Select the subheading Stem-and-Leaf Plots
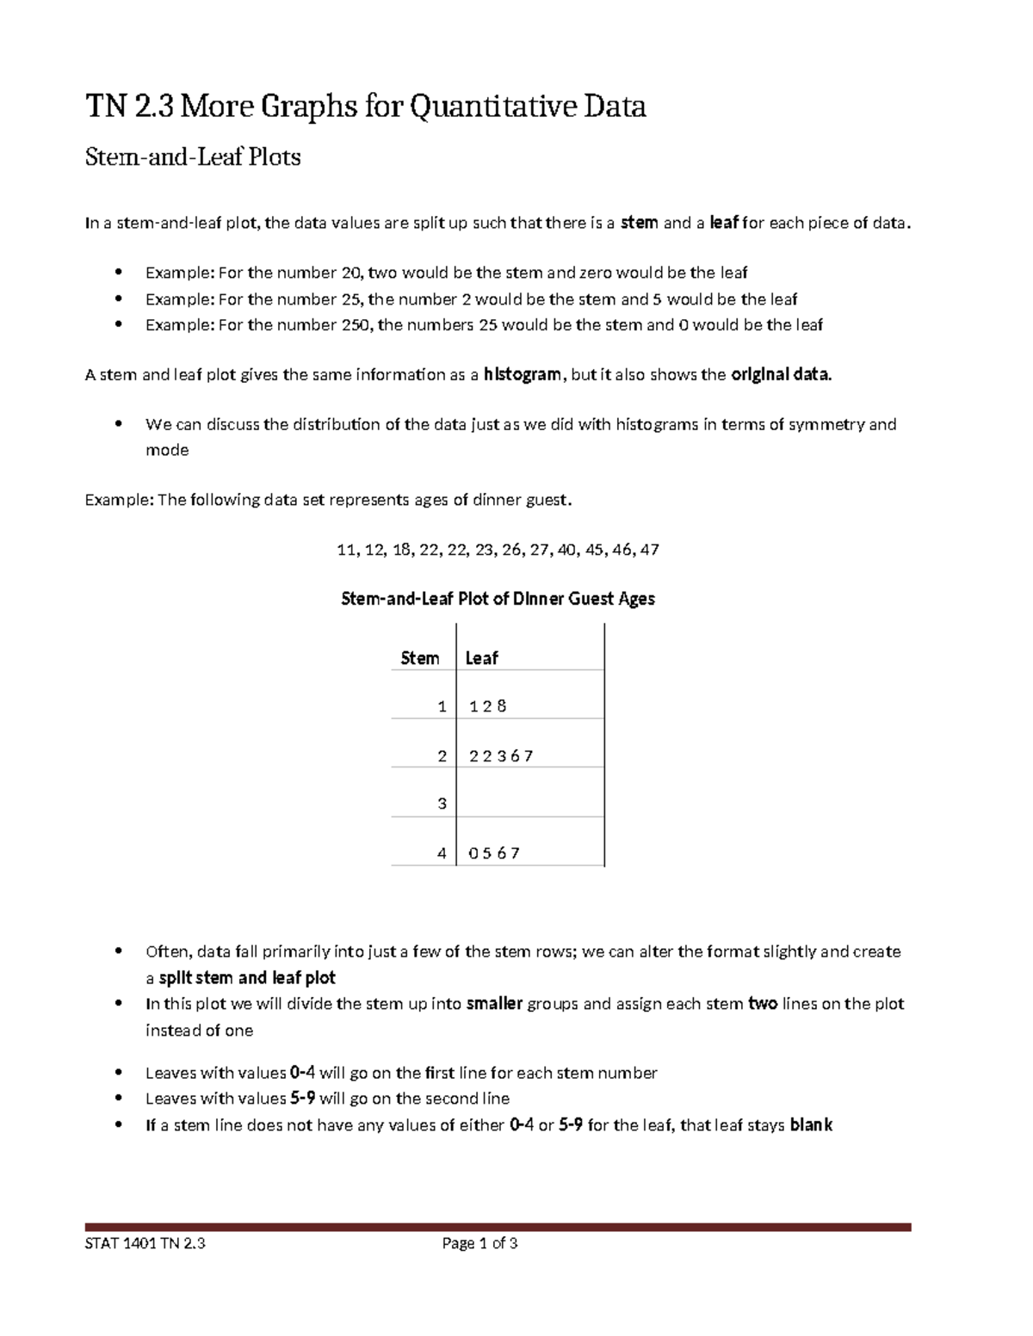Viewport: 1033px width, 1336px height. click(x=192, y=157)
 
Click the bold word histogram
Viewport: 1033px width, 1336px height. click(x=522, y=374)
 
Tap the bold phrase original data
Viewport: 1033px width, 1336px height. click(x=781, y=374)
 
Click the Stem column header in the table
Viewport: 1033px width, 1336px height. click(x=420, y=658)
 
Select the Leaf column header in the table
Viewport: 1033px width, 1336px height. click(x=481, y=658)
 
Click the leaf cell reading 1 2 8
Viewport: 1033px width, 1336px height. click(x=487, y=706)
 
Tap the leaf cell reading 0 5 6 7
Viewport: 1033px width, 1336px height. click(x=493, y=853)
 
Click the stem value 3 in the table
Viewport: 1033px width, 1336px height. click(x=442, y=804)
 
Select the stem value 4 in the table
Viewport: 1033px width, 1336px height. click(x=442, y=853)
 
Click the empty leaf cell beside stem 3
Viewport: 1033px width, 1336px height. click(x=529, y=804)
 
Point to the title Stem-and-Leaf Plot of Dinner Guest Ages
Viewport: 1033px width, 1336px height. click(x=498, y=599)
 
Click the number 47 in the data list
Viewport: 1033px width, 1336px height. click(x=650, y=550)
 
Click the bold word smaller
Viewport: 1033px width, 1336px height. click(x=494, y=1004)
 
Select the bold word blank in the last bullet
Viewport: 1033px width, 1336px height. click(x=810, y=1125)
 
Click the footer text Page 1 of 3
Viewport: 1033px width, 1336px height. click(x=479, y=1243)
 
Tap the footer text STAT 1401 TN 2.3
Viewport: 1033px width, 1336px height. click(x=145, y=1243)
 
